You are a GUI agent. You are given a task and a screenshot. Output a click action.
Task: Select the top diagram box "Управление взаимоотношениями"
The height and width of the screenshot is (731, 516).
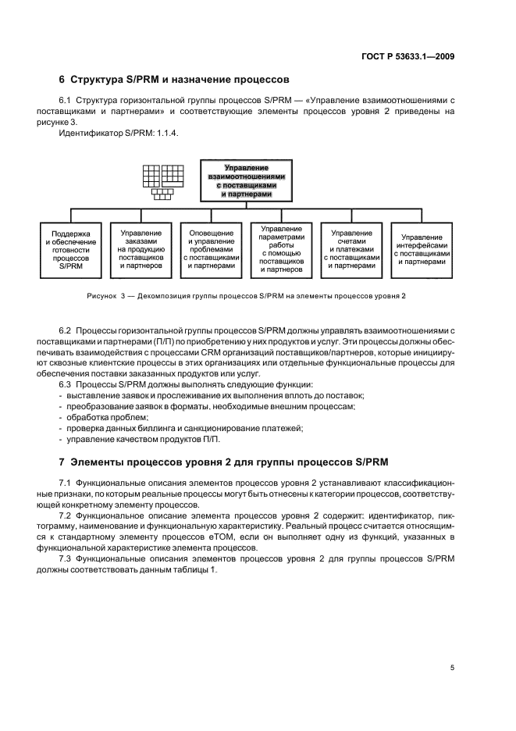click(x=246, y=180)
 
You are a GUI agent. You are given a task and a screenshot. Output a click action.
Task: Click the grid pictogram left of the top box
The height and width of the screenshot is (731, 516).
click(x=162, y=181)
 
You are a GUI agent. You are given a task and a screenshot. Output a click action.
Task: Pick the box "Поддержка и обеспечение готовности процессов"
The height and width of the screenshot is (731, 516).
click(x=70, y=249)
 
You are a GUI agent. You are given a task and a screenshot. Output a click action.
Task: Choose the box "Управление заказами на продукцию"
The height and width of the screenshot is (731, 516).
click(x=141, y=249)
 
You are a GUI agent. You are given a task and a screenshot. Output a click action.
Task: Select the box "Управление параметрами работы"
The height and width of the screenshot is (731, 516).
click(x=281, y=249)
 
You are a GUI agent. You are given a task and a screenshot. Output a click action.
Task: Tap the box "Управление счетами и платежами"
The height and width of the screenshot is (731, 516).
click(x=351, y=249)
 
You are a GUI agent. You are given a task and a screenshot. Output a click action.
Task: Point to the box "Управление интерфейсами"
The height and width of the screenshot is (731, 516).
click(x=422, y=249)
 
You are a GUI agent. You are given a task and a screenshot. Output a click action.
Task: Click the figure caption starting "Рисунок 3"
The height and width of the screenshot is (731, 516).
click(x=246, y=296)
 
